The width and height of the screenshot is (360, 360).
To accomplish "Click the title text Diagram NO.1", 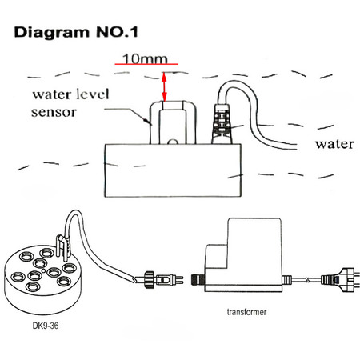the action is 76,32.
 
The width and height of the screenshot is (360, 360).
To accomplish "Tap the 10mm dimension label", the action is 145,58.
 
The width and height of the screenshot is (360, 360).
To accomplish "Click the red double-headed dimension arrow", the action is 164,87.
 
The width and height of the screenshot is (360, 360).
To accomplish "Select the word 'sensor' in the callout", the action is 54,112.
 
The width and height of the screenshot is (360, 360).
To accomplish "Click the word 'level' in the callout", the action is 93,94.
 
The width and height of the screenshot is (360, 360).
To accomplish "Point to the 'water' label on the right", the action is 335,144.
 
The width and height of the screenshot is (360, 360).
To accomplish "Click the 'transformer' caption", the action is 246,312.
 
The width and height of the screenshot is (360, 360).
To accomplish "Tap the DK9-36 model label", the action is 46,326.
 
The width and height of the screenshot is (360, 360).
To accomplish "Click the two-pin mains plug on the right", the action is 338,280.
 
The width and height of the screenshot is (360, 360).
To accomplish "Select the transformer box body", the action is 242,256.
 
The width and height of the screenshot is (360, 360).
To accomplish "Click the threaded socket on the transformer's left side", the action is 198,279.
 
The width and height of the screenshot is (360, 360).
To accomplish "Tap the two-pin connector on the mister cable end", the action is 170,280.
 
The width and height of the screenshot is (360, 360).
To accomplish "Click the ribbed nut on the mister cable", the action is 150,279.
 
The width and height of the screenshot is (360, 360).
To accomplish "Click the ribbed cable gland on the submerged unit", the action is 222,124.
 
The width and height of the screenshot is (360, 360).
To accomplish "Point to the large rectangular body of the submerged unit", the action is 173,170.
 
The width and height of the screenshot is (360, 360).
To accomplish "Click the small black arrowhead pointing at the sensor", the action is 146,121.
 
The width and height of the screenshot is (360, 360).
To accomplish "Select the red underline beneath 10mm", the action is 146,64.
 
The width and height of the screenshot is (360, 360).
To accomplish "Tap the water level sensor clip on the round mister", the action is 63,246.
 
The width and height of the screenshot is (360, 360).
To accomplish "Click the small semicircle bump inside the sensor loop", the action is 173,142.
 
